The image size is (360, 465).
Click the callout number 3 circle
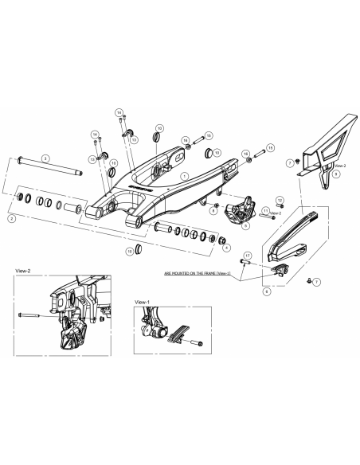point(46,158)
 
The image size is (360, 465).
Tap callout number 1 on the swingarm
point(185,176)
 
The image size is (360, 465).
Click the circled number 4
point(229,248)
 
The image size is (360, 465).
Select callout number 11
point(265,209)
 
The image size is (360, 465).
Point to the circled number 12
point(280,199)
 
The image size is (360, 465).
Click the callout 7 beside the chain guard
point(290,162)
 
